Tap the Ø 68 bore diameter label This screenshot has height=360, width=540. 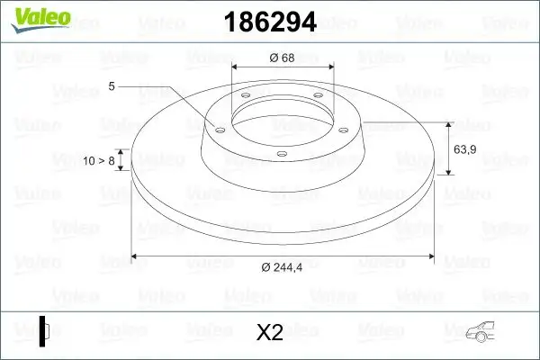coord(283,58)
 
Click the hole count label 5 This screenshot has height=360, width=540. coord(112,86)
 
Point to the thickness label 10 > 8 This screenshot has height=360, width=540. coord(100,160)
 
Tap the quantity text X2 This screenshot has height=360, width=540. coord(270,332)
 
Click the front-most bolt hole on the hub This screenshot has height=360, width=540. coord(282,154)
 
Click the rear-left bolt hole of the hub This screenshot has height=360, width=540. coord(244,101)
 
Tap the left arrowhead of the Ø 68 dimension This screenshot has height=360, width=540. coord(236,68)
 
